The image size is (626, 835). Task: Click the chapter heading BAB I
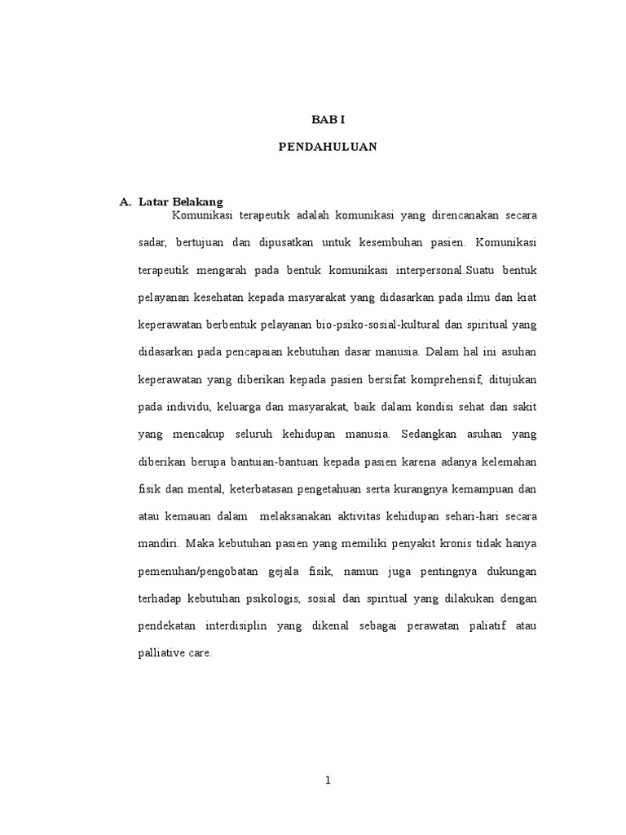click(x=328, y=119)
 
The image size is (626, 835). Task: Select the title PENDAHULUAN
click(x=328, y=148)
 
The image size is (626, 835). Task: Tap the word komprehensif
click(x=444, y=380)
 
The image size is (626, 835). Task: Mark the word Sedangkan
click(x=410, y=435)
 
